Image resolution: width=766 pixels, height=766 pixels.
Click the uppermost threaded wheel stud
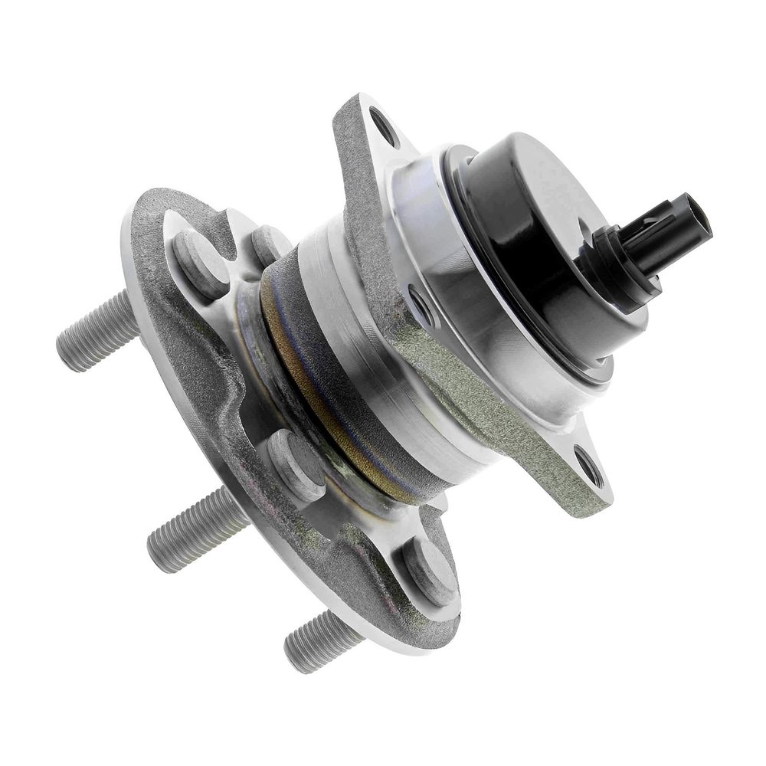96,331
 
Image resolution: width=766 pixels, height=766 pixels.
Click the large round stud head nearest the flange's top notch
197,263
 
